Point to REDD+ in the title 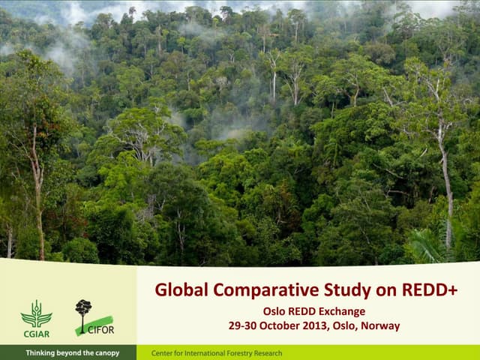(x=427, y=290)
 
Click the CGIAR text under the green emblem (x=36, y=333)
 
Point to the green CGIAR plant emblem (x=36, y=313)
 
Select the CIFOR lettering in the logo (x=100, y=330)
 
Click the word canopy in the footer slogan (x=104, y=353)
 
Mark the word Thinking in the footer (x=42, y=353)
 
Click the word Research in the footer (x=266, y=353)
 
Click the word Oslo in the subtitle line (x=273, y=311)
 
